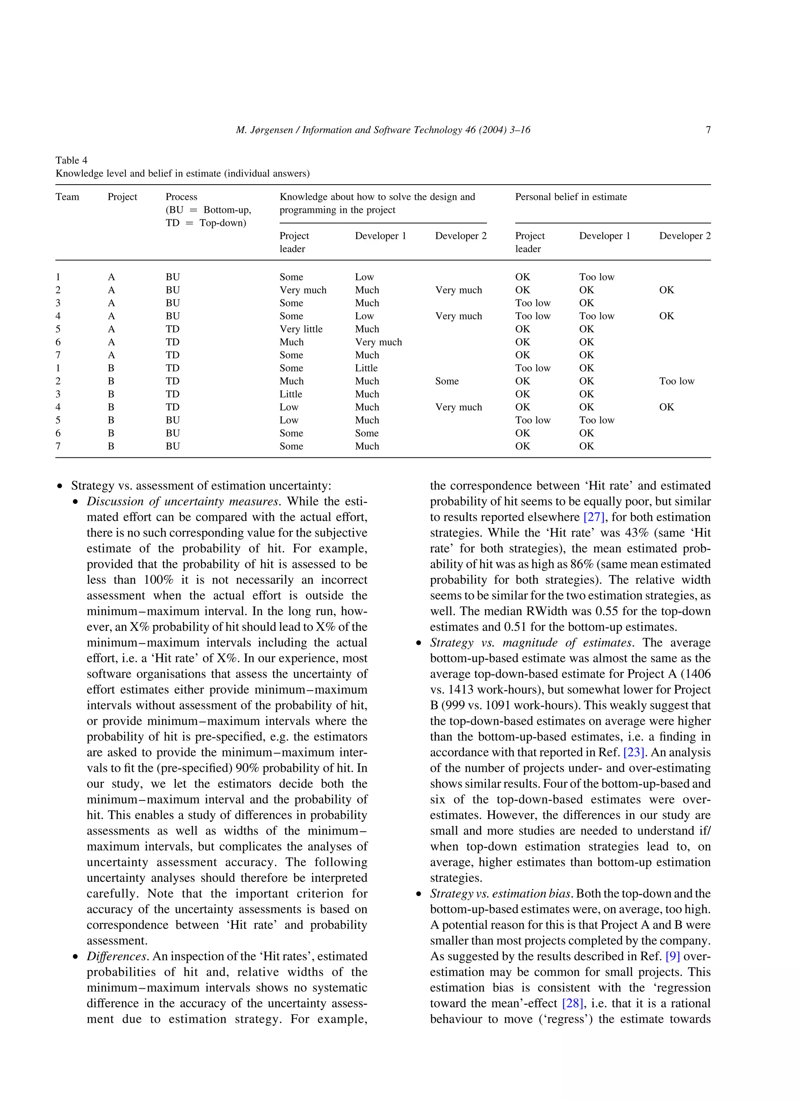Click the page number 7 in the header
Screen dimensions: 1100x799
708,130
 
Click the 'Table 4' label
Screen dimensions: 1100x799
71,160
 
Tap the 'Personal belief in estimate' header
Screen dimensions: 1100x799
571,196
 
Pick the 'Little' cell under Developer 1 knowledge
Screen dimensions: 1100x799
366,368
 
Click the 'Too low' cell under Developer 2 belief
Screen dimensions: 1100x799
676,381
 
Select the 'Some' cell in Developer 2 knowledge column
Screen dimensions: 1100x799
447,381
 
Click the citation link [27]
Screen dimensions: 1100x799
594,517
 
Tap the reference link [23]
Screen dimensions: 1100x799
634,752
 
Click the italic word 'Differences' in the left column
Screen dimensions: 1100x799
117,956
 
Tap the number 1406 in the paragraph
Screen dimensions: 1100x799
697,674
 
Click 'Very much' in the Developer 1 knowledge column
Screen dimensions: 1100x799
378,342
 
